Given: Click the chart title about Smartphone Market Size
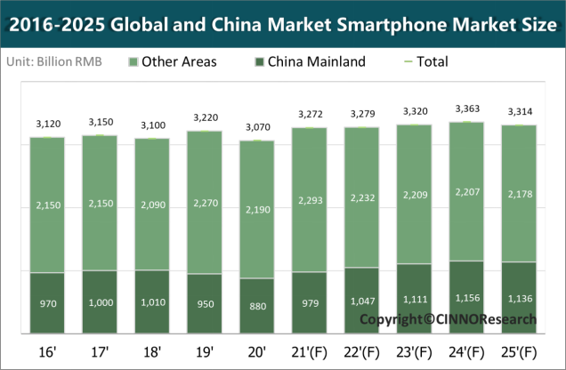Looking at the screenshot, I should pos(283,24).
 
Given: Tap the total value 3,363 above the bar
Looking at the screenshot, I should pos(466,110).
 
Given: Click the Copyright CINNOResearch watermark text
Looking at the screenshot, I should pos(448,318).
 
